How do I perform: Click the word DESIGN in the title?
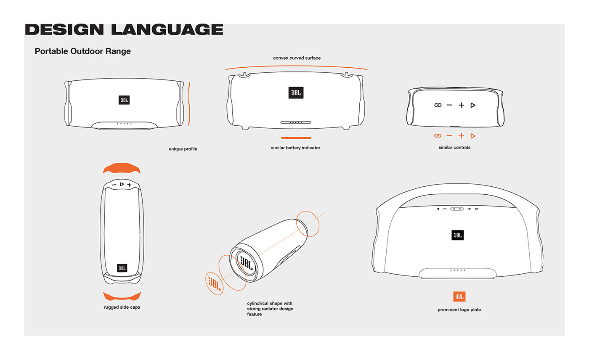click(64, 29)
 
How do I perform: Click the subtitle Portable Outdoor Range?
click(82, 51)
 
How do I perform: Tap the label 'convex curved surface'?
click(297, 58)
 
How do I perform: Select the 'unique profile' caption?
click(183, 149)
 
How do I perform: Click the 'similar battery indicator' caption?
click(295, 148)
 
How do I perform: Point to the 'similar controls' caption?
click(454, 148)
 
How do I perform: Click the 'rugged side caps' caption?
click(122, 307)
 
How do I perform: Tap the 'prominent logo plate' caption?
click(459, 310)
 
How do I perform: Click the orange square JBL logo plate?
click(459, 296)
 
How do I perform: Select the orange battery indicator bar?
click(296, 138)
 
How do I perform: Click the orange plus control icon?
click(461, 136)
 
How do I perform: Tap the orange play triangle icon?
click(473, 136)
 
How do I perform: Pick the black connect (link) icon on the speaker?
click(438, 105)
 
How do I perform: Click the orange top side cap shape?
click(122, 168)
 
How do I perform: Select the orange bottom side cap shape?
click(122, 296)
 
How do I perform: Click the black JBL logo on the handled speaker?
click(458, 235)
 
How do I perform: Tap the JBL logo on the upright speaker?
click(122, 268)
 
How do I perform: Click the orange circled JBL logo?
click(214, 283)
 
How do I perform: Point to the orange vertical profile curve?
click(189, 104)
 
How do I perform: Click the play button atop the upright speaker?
click(122, 184)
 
